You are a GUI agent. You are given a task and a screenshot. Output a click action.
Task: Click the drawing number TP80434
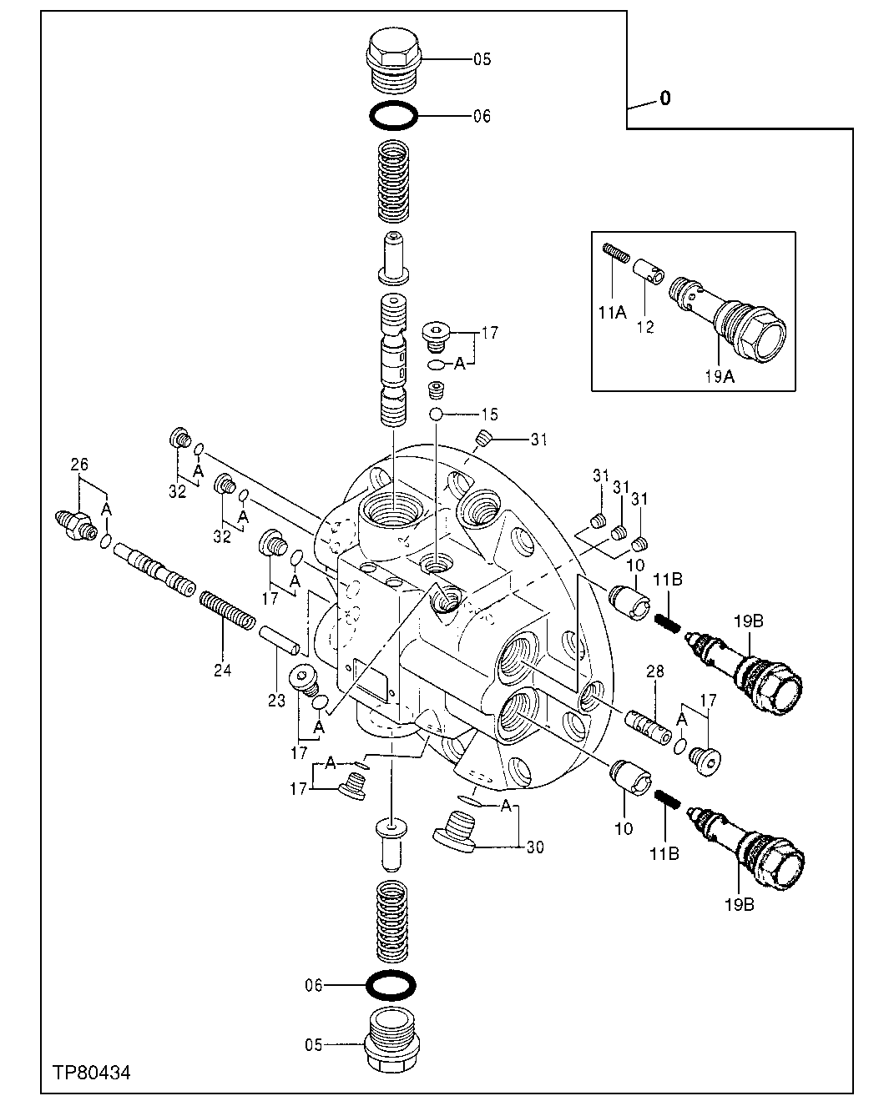tap(91, 1071)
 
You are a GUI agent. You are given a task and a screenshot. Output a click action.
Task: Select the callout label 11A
tap(612, 314)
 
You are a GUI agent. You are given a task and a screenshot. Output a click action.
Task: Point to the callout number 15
tap(489, 414)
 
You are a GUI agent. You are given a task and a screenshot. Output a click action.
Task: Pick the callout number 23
tap(277, 678)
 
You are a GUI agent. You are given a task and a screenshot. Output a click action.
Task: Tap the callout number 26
tap(78, 465)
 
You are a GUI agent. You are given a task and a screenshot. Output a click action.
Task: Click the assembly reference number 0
tap(664, 98)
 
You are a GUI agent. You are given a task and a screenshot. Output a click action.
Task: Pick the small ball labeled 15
tap(436, 415)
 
